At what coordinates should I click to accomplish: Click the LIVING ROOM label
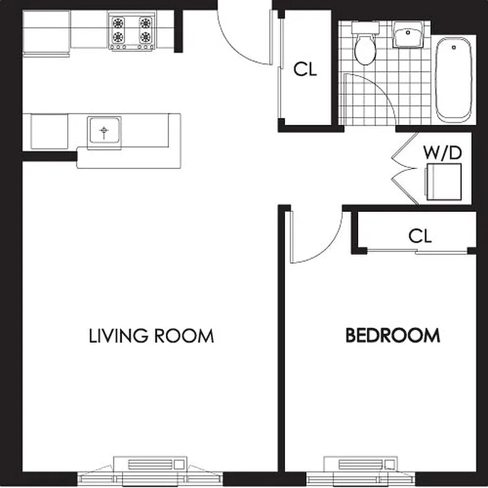click(151, 335)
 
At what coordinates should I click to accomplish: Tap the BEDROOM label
click(392, 335)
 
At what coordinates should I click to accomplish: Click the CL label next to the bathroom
click(305, 70)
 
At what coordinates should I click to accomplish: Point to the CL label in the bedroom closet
click(420, 236)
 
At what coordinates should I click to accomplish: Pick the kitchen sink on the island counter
click(104, 131)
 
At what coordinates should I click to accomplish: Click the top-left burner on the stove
click(118, 23)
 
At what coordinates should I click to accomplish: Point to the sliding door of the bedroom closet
click(421, 251)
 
